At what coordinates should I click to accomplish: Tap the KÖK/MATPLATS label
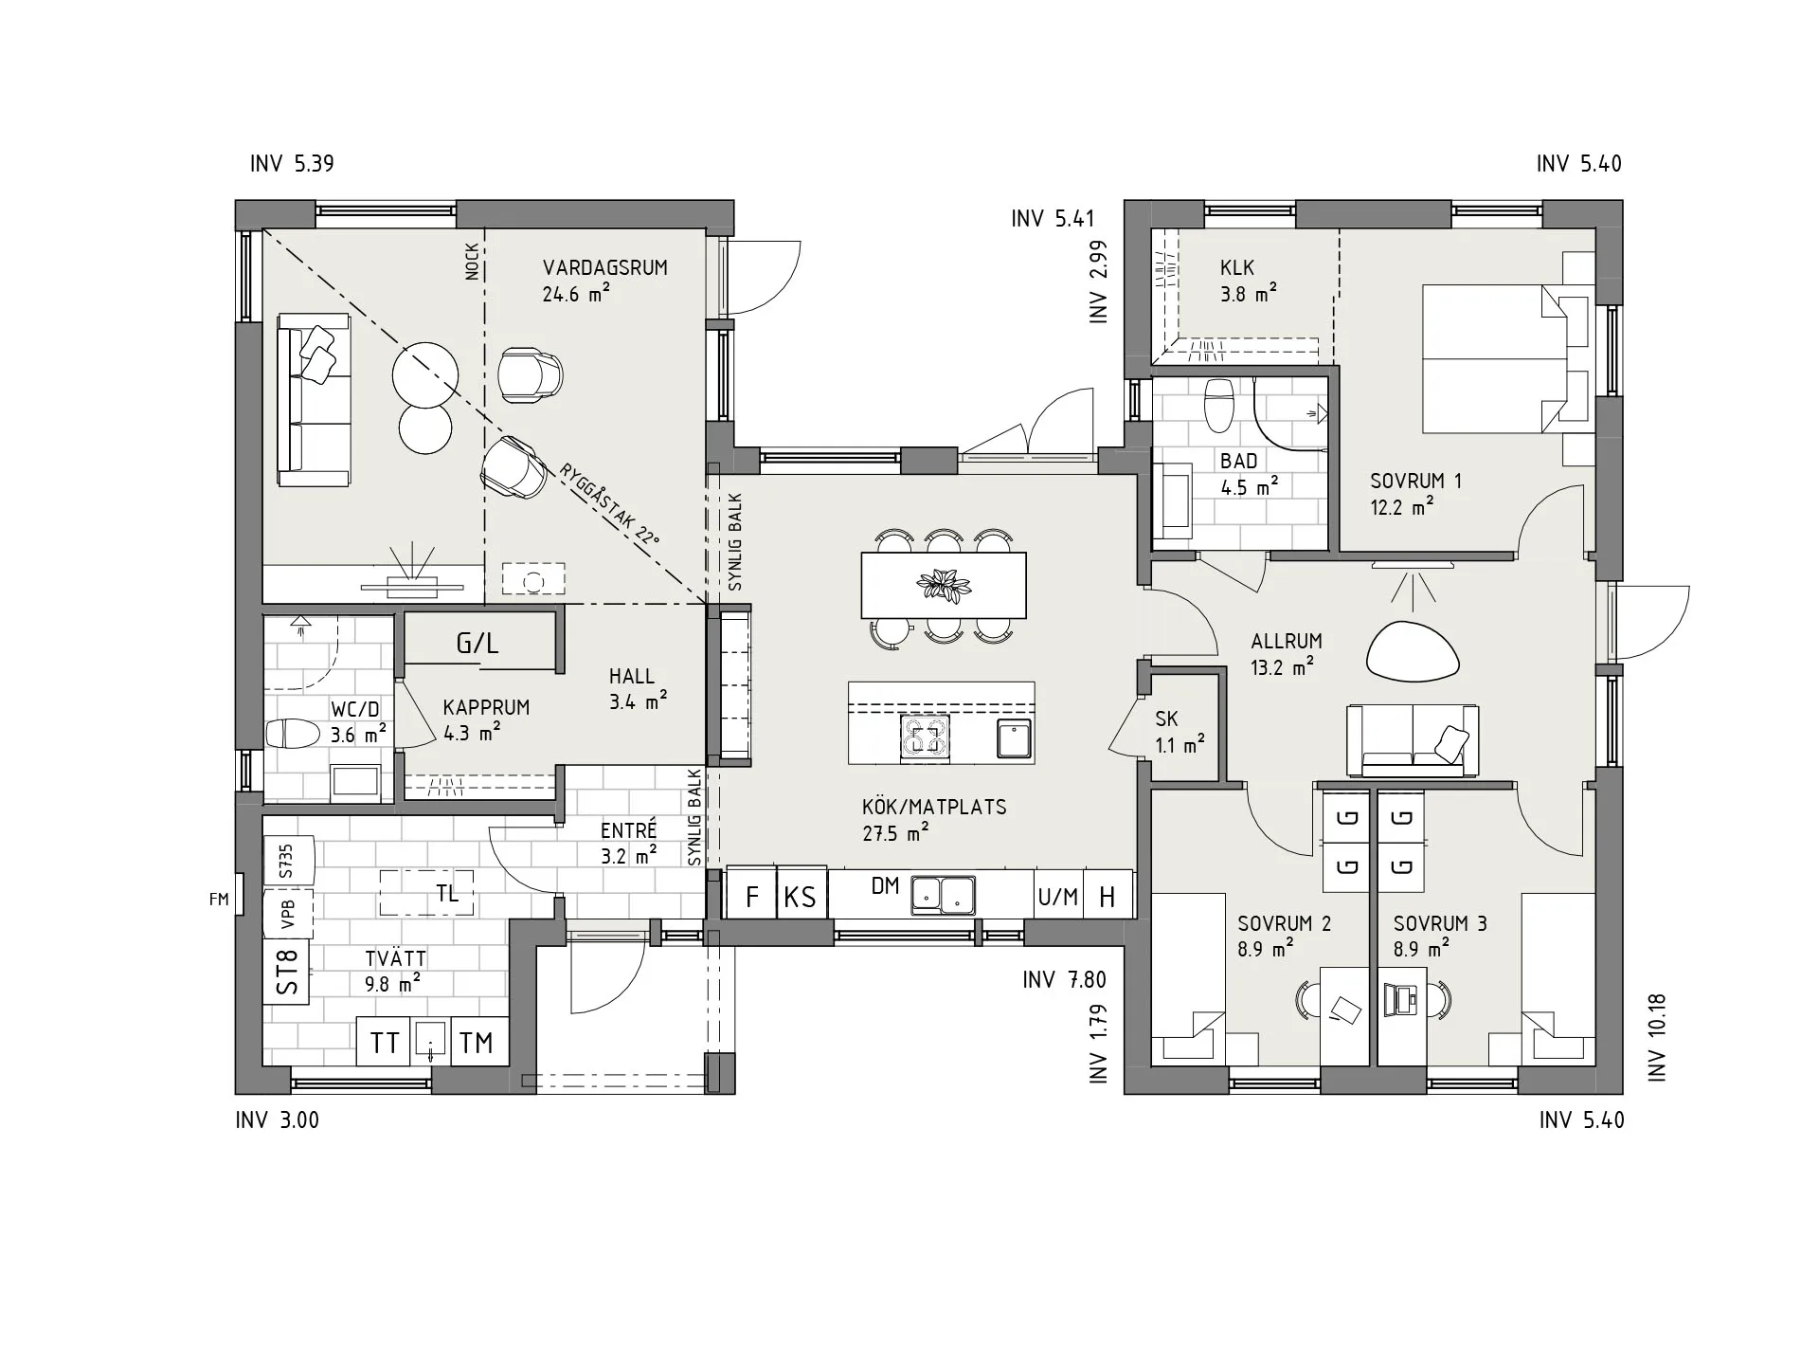934,808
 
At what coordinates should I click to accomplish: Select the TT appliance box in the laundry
385,1043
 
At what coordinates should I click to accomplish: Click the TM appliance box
478,1043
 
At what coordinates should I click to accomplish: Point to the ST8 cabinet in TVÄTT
287,972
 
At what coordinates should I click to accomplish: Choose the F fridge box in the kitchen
752,896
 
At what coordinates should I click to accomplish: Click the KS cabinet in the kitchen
801,896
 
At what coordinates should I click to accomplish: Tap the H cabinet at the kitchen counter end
1108,896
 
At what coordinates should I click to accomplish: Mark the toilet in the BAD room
1218,405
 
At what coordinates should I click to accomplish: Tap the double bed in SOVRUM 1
1496,359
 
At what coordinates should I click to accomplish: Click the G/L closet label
477,645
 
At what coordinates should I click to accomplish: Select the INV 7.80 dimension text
1064,979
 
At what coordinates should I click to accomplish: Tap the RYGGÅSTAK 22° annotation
609,504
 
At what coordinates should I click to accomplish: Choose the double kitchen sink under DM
943,895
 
